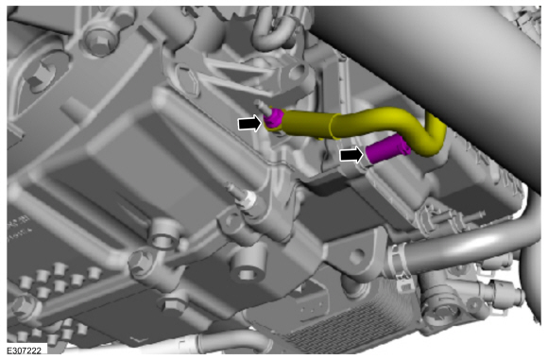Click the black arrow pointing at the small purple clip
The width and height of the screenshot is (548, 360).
click(x=249, y=124)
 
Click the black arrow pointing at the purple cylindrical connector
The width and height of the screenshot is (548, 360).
click(x=351, y=154)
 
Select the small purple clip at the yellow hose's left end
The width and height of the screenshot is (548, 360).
click(x=272, y=118)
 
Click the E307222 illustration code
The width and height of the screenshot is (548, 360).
click(x=25, y=350)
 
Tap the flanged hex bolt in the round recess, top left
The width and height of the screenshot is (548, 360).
click(x=98, y=42)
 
